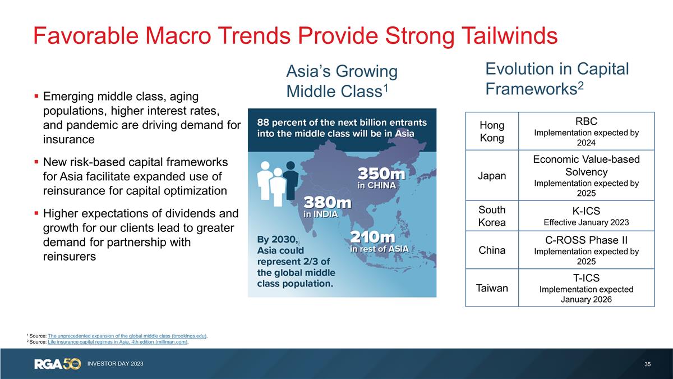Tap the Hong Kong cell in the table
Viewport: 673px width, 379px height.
492,131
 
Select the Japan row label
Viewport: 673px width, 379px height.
492,176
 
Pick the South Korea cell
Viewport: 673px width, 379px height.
492,216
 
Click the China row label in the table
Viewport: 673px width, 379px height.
492,250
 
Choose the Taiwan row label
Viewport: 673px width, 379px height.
492,288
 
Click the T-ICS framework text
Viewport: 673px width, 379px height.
586,277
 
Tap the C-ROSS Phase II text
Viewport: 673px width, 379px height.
586,240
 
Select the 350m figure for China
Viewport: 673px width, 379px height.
381,172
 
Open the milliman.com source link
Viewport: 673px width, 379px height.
118,342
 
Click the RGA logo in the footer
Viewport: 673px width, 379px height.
58,364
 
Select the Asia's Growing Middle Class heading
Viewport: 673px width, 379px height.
342,81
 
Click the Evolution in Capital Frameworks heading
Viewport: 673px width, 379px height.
557,79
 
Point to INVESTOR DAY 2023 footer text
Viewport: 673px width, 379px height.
115,364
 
